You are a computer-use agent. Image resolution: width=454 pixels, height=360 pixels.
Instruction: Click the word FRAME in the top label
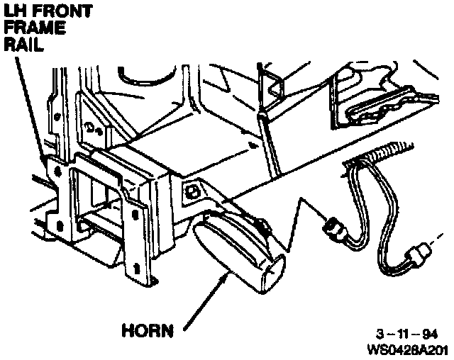click(x=35, y=28)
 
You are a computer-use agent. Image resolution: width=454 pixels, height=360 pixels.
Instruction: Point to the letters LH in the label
click(x=16, y=11)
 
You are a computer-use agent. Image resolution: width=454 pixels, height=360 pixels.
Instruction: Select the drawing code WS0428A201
click(x=407, y=349)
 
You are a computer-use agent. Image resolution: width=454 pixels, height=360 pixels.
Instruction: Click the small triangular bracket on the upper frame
click(x=272, y=84)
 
